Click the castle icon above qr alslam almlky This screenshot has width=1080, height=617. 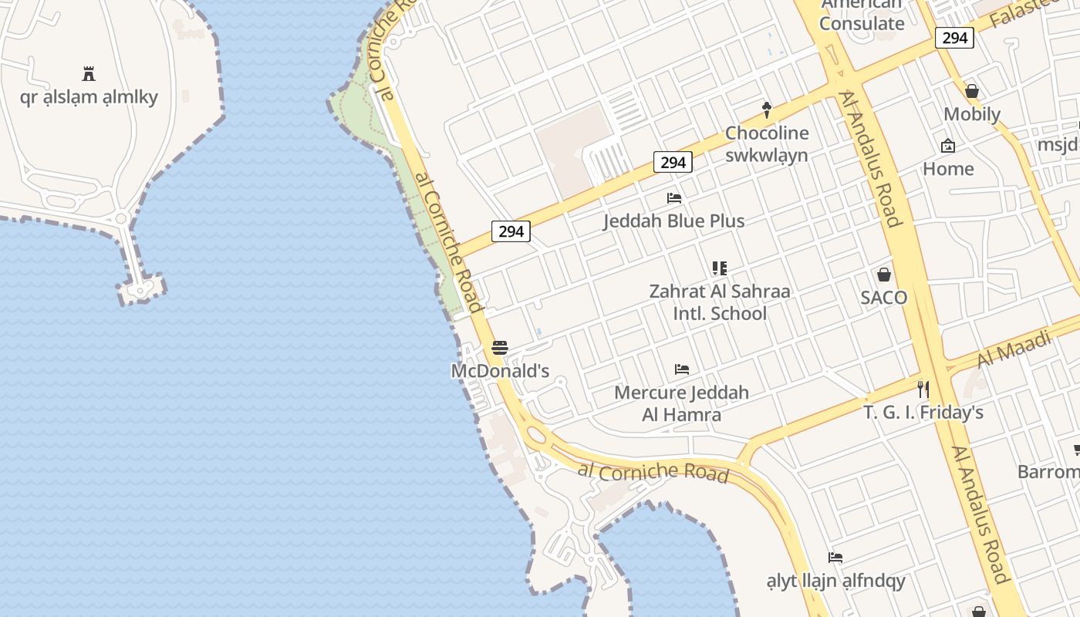pyautogui.click(x=89, y=74)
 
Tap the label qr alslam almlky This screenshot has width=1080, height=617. pyautogui.click(x=89, y=97)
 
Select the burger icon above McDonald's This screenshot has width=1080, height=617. pyautogui.click(x=500, y=348)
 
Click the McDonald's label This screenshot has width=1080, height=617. pyautogui.click(x=500, y=371)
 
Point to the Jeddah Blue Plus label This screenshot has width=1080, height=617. pyautogui.click(x=673, y=221)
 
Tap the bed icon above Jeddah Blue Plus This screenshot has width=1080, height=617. pyautogui.click(x=673, y=198)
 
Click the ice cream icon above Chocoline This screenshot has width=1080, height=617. pyautogui.click(x=766, y=110)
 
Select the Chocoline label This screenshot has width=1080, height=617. pyautogui.click(x=766, y=133)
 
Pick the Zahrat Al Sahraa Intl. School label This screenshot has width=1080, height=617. pyautogui.click(x=720, y=302)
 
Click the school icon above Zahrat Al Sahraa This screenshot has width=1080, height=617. pyautogui.click(x=720, y=268)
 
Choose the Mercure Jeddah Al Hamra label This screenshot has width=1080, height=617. pyautogui.click(x=681, y=403)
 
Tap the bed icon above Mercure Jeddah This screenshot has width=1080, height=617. pyautogui.click(x=681, y=369)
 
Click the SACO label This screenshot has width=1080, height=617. pyautogui.click(x=883, y=298)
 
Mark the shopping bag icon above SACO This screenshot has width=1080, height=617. pyautogui.click(x=883, y=275)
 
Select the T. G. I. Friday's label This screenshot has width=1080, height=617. pyautogui.click(x=923, y=413)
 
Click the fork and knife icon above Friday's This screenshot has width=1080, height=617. pyautogui.click(x=923, y=389)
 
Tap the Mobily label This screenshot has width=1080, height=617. pyautogui.click(x=972, y=115)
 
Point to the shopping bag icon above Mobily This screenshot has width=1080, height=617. pyautogui.click(x=972, y=92)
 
